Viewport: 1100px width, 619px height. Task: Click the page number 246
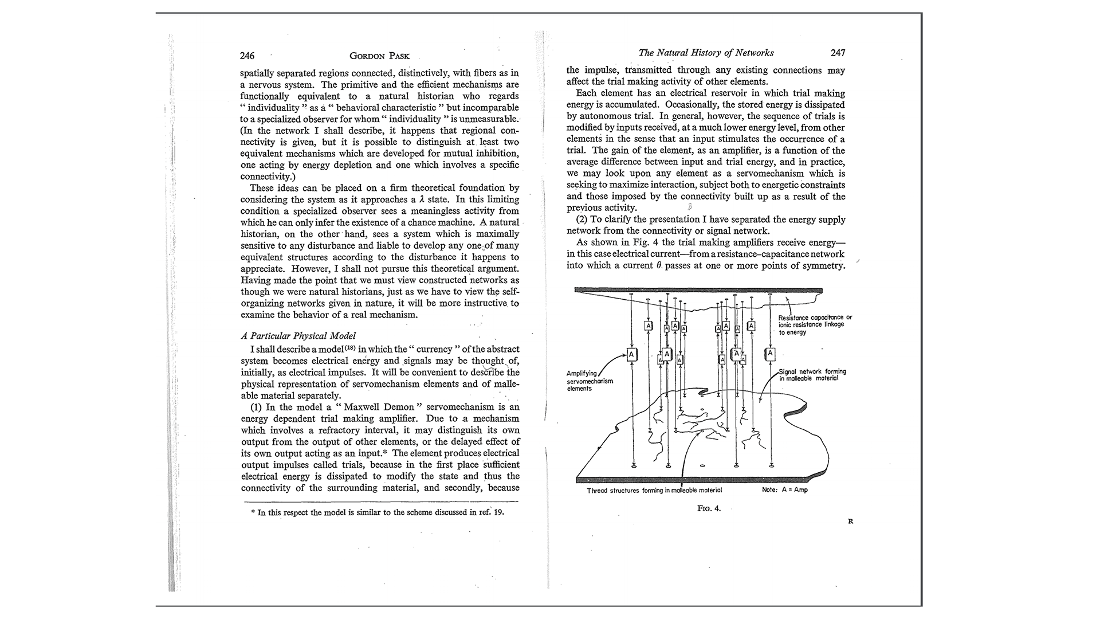247,56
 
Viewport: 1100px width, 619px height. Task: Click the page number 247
838,53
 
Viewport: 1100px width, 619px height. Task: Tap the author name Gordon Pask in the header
379,56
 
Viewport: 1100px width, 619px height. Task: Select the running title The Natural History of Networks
706,53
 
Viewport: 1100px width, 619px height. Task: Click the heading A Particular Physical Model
298,336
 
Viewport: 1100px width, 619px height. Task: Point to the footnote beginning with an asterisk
378,512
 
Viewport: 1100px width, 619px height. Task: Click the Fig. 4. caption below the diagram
709,508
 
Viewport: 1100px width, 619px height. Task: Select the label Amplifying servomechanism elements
590,381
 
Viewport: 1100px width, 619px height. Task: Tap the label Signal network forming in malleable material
812,375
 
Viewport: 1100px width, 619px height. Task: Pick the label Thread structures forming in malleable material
654,490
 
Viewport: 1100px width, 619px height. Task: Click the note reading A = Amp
785,490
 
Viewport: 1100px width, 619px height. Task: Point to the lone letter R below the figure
850,522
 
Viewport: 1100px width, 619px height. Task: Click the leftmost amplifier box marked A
631,355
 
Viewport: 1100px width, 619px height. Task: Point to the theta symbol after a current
659,266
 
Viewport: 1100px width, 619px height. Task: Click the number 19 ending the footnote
499,512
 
